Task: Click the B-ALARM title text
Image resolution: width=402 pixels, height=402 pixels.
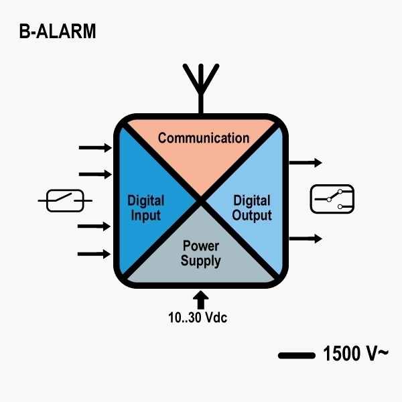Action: coord(58,31)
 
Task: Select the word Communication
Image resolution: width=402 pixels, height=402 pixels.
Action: coord(203,139)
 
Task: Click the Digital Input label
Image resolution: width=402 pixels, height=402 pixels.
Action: coord(145,208)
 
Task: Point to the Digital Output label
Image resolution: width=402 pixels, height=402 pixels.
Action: coord(252,208)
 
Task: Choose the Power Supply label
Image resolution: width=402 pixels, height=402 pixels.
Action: coord(200,254)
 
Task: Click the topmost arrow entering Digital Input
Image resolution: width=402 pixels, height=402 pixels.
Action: coord(95,147)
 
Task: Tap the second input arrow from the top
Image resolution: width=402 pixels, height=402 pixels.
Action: coord(95,174)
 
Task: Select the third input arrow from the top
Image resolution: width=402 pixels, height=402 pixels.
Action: coord(95,226)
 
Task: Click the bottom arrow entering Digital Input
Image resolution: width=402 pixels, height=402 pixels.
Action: coord(95,253)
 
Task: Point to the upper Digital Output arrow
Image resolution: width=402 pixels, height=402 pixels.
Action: coord(306,163)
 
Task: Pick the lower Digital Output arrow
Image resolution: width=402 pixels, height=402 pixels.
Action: coord(306,239)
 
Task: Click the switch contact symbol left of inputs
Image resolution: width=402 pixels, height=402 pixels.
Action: coord(65,200)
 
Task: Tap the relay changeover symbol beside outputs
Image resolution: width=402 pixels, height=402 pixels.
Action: coord(333,199)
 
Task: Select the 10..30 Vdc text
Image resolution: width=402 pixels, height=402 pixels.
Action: coord(198,318)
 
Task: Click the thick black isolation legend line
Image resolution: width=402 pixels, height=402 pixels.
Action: coord(296,354)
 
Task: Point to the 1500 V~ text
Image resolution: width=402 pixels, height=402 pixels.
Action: coord(355,353)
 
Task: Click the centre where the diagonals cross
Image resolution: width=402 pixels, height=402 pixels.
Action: coord(200,199)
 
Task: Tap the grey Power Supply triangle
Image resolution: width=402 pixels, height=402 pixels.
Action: coord(201,268)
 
